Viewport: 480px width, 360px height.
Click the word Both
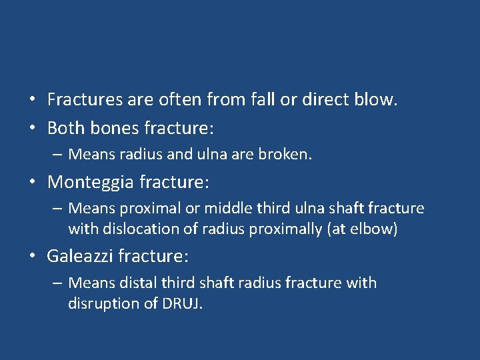[65, 127]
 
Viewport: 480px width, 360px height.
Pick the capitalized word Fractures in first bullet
[86, 101]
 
